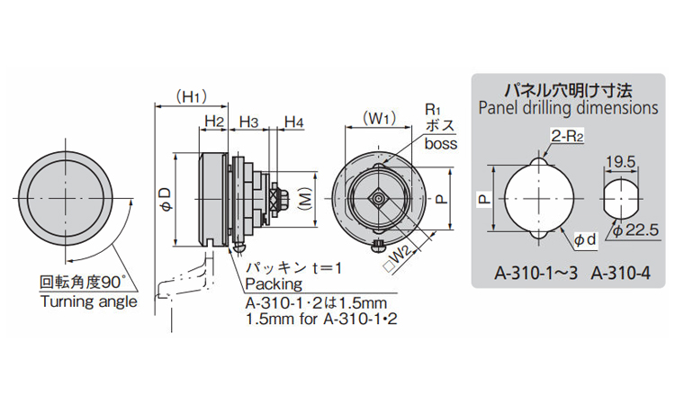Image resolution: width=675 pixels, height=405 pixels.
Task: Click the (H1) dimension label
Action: tap(192, 97)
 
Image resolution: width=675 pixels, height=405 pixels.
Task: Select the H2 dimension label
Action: tap(214, 121)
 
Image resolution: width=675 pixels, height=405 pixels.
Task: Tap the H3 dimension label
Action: tap(248, 121)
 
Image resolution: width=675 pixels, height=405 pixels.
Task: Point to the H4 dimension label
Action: tap(294, 121)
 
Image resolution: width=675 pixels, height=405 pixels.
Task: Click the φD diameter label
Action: tap(166, 199)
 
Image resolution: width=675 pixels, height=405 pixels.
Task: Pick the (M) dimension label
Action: tap(305, 198)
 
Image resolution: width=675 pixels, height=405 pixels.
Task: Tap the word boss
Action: tap(441, 143)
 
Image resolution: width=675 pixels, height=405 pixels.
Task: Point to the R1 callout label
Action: tap(433, 109)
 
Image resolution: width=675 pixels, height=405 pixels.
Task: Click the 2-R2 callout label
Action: tap(567, 137)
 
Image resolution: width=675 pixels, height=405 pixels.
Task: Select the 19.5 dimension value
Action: tap(620, 162)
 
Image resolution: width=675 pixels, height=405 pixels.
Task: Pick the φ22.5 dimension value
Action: tap(635, 230)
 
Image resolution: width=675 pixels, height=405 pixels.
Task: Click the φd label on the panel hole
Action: tap(586, 239)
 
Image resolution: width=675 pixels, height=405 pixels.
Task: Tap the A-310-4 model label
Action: tap(620, 273)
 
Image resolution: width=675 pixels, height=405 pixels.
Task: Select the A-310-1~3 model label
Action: tap(536, 273)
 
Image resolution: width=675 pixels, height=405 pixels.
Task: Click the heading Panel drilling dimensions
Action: tap(568, 108)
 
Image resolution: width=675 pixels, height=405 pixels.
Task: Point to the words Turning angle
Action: tap(89, 301)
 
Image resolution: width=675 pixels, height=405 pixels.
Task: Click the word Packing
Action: tap(274, 284)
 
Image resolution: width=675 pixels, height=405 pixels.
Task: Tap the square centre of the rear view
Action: tap(378, 198)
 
